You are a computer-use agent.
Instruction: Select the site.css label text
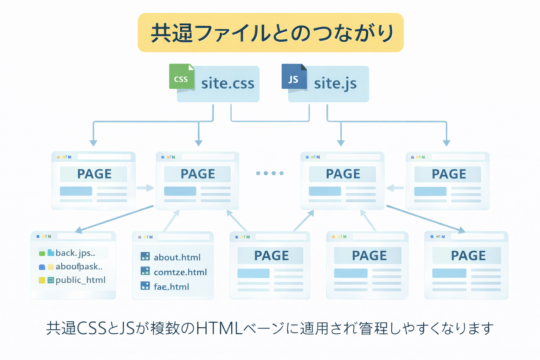[227, 84]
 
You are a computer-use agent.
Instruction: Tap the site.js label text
[335, 84]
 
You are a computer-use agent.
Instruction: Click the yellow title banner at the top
[270, 33]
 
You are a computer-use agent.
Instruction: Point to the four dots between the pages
[270, 173]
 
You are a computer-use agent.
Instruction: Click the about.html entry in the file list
[177, 257]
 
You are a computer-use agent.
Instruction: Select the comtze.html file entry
[180, 272]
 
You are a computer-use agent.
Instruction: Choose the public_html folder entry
[80, 280]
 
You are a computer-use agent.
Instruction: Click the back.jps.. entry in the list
[75, 253]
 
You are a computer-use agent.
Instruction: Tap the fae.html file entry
[171, 287]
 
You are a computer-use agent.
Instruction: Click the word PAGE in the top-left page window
[94, 174]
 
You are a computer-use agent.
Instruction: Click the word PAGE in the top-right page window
[449, 174]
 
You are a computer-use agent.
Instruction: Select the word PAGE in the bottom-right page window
[468, 256]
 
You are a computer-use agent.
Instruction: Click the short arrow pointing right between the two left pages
[145, 188]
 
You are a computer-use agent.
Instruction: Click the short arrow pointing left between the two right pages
[395, 188]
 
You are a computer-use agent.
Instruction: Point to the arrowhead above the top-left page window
[93, 143]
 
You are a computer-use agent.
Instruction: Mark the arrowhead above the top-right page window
[446, 143]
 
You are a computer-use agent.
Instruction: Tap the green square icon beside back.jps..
[42, 253]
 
